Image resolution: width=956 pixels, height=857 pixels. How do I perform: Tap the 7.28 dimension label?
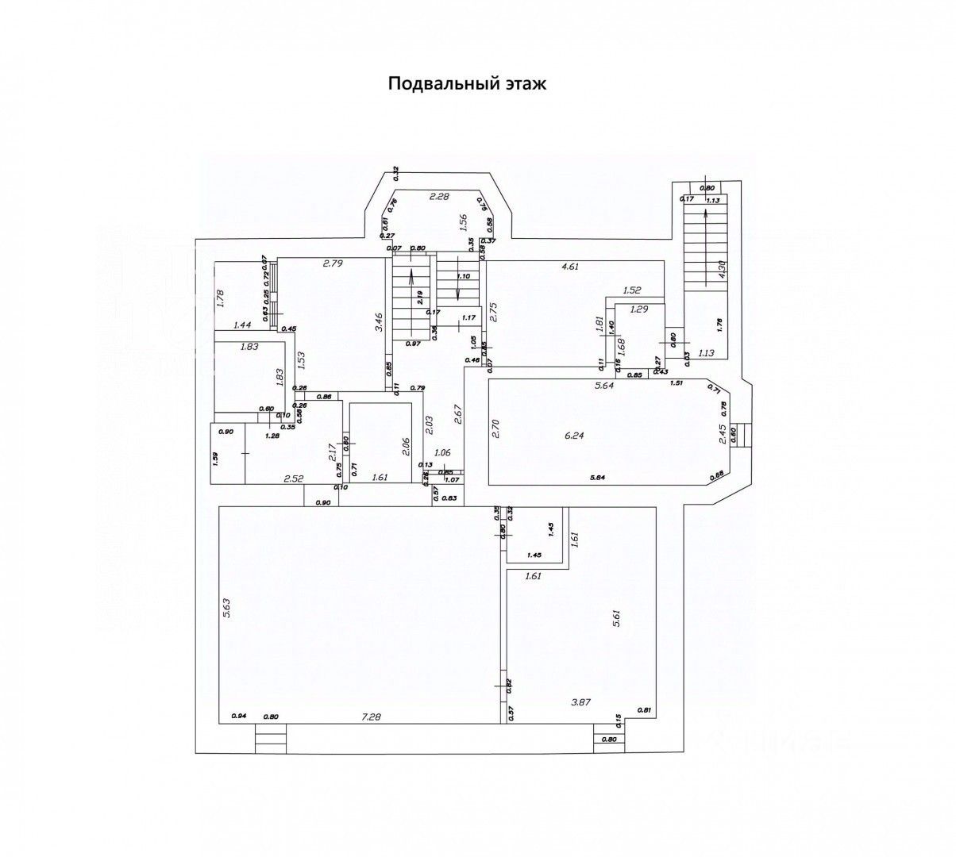[x=371, y=717]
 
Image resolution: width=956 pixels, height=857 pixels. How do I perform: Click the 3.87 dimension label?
[x=584, y=701]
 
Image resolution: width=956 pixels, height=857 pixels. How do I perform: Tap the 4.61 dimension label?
[x=570, y=267]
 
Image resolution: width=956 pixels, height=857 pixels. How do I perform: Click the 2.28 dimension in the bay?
[x=439, y=196]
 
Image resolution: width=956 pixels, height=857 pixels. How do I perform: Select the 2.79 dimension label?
[x=333, y=263]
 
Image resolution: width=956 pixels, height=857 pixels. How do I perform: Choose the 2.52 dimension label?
[x=295, y=478]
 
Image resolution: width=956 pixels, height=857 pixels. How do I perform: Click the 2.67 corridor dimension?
[x=458, y=413]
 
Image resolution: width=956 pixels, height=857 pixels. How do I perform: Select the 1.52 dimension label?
[x=632, y=290]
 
